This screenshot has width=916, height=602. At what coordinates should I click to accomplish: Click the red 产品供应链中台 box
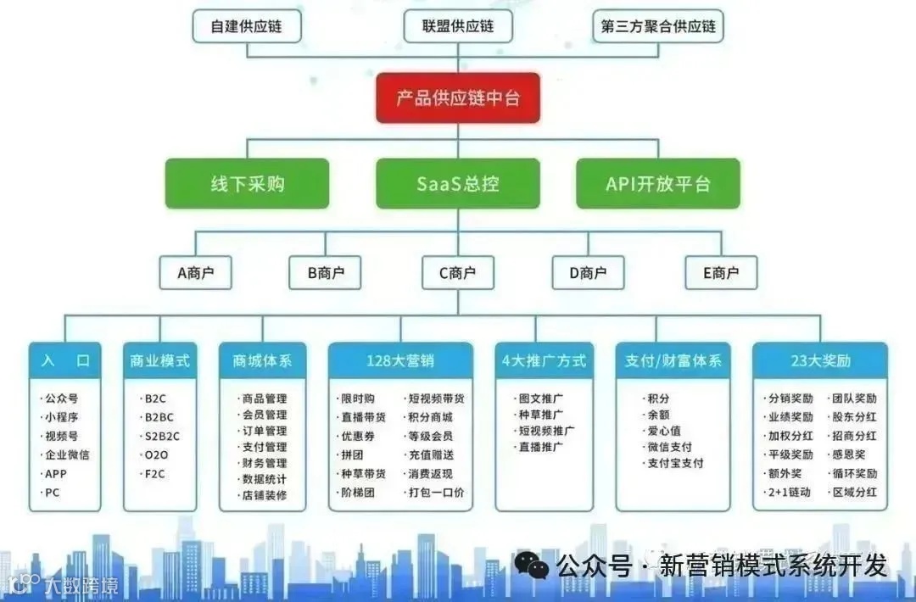tap(458, 98)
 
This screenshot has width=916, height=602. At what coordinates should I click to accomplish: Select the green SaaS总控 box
tap(458, 183)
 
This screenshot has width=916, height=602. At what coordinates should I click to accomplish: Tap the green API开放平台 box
tap(658, 183)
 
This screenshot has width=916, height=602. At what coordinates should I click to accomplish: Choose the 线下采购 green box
tap(247, 183)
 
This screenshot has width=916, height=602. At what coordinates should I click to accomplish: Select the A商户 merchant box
tap(195, 273)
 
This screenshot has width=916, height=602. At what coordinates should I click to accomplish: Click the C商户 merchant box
tap(458, 273)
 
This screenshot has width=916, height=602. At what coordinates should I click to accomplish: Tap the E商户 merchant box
tap(720, 273)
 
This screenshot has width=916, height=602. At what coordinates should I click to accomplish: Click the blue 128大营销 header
tap(400, 360)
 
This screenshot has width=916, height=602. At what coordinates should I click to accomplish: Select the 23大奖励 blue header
tap(819, 360)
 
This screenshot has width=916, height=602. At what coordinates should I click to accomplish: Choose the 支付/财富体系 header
tap(672, 360)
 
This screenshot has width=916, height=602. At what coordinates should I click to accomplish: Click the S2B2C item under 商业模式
tap(161, 436)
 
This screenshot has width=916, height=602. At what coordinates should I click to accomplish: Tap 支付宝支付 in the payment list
tap(675, 463)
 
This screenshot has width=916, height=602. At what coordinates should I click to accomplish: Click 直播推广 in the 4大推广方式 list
tap(540, 446)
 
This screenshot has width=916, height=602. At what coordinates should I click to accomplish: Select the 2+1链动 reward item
tap(789, 492)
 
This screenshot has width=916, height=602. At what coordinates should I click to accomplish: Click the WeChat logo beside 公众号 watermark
tap(533, 565)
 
